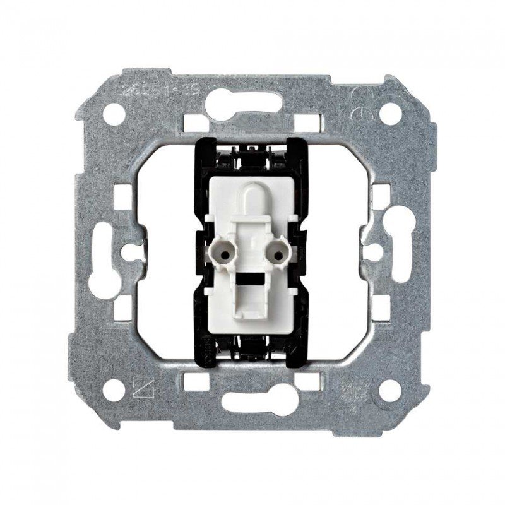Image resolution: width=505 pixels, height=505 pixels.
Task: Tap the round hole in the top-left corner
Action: pyautogui.click(x=114, y=114)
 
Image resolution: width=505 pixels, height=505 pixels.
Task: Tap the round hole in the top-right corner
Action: pyautogui.click(x=391, y=114)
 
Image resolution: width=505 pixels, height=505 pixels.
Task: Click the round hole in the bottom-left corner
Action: pyautogui.click(x=114, y=391)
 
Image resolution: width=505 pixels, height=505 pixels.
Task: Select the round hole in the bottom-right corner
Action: pyautogui.click(x=391, y=391)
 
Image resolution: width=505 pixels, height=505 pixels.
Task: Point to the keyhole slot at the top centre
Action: pyautogui.click(x=252, y=102)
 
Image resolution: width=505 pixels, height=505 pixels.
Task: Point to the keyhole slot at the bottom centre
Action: pyautogui.click(x=252, y=403)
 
